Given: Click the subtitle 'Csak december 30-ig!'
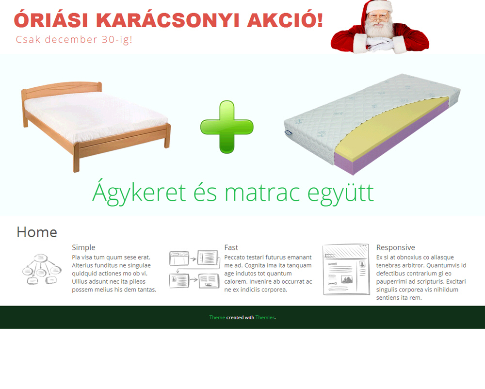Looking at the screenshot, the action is (x=74, y=40).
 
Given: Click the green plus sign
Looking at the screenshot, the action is (x=226, y=127).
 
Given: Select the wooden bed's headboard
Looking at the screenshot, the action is (x=62, y=88).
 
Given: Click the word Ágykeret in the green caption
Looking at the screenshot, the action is (x=139, y=193).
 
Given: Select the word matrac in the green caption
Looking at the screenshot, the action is (x=262, y=193).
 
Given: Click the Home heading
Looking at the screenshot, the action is (x=37, y=232).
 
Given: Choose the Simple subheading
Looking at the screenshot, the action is (x=83, y=247).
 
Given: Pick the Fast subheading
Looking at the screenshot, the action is (x=231, y=247).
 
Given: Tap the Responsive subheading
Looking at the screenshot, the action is (x=396, y=247).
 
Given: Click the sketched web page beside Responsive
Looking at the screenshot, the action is (x=346, y=269).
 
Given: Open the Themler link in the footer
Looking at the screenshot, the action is (x=265, y=318).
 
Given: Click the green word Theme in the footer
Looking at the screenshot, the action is (x=217, y=318).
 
